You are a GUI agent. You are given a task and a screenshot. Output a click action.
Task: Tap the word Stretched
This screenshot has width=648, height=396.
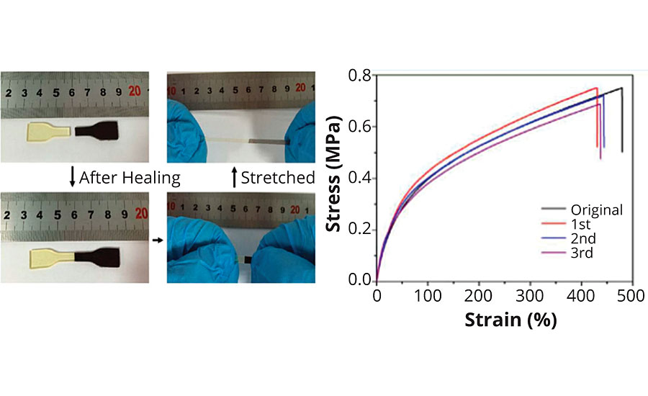point(277,177)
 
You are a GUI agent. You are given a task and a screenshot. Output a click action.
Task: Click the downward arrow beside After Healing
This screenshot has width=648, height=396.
point(72,177)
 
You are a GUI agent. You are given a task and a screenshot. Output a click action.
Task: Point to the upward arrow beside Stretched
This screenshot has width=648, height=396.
point(233,177)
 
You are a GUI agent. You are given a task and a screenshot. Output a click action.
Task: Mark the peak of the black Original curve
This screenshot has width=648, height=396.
point(621,89)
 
